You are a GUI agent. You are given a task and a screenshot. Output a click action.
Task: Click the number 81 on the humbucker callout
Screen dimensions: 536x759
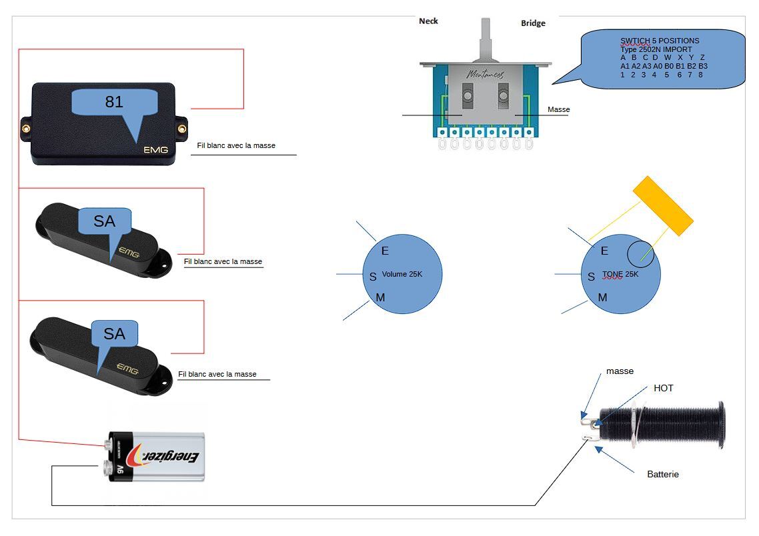(114, 102)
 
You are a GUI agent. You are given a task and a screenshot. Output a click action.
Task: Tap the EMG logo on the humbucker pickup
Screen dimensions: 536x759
(155, 150)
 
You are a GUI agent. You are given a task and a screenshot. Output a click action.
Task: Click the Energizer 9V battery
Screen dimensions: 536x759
(157, 457)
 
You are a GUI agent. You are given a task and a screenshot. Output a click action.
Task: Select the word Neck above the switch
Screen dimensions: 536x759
(428, 21)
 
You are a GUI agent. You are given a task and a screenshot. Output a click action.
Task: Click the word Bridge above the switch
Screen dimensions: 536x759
(533, 23)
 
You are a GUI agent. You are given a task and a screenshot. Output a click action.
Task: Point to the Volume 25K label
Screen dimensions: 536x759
(402, 274)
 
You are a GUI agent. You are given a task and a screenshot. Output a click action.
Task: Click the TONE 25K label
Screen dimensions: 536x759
(620, 274)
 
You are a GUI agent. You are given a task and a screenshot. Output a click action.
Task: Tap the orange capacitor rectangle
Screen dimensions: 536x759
(663, 205)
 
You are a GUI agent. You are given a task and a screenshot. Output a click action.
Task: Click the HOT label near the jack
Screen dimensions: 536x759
(663, 388)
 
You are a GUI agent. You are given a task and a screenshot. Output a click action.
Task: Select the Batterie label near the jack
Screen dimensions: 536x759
(663, 474)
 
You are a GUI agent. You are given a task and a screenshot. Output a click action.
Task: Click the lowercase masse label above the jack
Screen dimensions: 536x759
(620, 371)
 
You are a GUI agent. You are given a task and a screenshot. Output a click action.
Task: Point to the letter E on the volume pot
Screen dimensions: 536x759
(385, 251)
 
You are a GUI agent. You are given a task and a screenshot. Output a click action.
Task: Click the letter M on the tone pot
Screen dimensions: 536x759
(602, 297)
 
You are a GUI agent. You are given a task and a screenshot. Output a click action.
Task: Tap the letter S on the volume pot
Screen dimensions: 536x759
(373, 277)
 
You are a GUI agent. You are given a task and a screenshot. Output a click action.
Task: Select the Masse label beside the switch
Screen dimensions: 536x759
(558, 109)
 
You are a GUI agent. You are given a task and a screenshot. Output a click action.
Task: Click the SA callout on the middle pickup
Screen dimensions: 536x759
(104, 221)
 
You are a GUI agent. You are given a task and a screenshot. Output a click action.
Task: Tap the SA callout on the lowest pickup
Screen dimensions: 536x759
(114, 334)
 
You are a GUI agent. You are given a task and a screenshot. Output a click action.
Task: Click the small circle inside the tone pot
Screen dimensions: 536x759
(640, 253)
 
